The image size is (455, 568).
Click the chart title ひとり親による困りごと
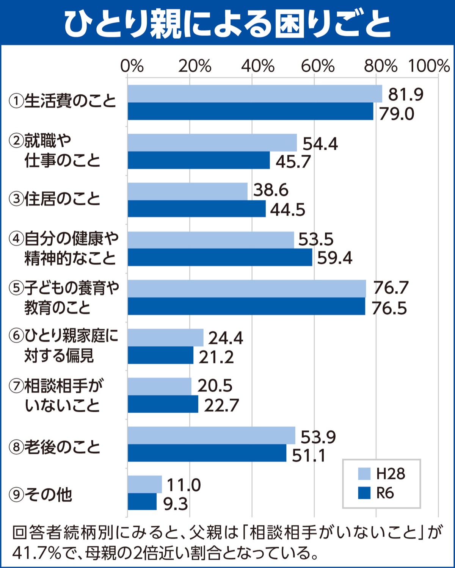[x=227, y=23]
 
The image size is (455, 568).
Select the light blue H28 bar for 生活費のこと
[x=255, y=94]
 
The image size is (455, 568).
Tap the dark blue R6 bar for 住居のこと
[x=196, y=209]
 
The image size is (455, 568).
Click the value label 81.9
[x=405, y=94]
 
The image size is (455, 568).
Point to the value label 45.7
[x=293, y=162]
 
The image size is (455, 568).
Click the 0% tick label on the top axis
[x=132, y=66]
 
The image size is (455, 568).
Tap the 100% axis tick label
[x=429, y=66]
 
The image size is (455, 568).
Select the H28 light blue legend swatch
[x=364, y=474]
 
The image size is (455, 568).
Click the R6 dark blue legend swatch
[x=364, y=493]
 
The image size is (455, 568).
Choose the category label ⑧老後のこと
[x=55, y=447]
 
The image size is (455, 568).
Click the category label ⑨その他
[x=41, y=495]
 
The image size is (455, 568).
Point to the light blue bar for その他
[x=144, y=484]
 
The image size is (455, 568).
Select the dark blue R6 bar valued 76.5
[x=246, y=306]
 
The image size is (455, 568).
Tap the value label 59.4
[x=334, y=258]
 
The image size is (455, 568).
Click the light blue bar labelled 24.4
[x=165, y=337]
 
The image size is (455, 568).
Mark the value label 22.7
[x=221, y=405]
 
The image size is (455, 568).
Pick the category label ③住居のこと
[x=55, y=199]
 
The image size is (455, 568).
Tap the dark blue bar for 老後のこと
[x=207, y=453]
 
